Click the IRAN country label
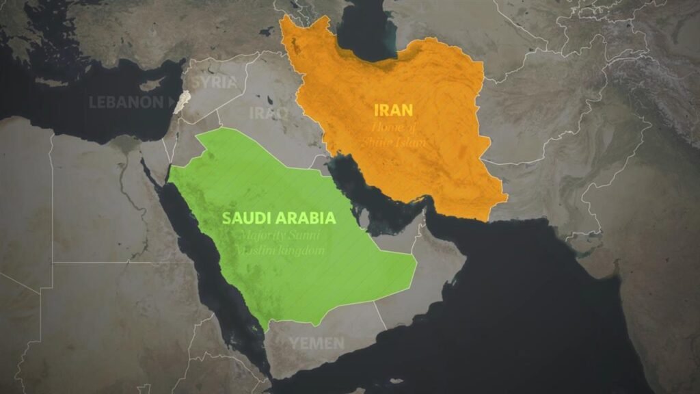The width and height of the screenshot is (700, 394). click(x=394, y=109)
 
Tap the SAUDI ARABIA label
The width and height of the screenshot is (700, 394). click(x=279, y=218)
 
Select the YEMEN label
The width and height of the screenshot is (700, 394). click(x=317, y=343)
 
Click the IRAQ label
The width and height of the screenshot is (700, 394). click(x=269, y=113)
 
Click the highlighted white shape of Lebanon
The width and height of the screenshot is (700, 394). click(x=181, y=102)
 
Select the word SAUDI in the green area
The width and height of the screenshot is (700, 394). click(x=243, y=218)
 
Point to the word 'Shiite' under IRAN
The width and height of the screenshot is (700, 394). click(x=385, y=142)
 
